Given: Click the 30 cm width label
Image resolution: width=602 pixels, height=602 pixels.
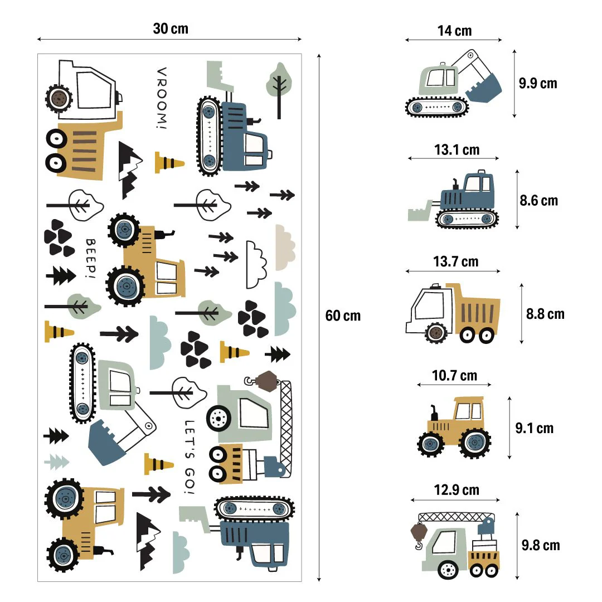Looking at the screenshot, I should (x=171, y=29).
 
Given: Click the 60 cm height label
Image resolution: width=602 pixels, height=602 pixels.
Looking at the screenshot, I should (x=343, y=315).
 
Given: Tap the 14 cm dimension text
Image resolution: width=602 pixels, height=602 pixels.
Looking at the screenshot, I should (x=454, y=31).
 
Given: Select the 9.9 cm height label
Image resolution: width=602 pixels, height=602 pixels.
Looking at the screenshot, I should (x=537, y=84).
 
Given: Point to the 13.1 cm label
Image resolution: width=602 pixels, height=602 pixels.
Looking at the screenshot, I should (x=457, y=149).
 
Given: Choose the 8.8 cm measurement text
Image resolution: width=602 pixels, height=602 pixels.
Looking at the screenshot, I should (x=545, y=314).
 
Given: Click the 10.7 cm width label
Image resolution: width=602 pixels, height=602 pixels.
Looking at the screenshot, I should (x=454, y=376).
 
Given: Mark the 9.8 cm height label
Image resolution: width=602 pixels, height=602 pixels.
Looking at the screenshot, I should (x=540, y=545).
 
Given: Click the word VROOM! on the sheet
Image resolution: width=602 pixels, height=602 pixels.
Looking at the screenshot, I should (x=161, y=99).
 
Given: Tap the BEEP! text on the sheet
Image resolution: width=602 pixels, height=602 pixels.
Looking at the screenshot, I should (x=90, y=258).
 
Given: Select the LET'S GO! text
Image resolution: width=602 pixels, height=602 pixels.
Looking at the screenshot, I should (x=190, y=457).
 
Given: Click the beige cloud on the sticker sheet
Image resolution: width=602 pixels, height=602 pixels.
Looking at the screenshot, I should (x=285, y=247).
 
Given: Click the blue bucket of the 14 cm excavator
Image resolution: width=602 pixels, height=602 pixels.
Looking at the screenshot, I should (x=485, y=89).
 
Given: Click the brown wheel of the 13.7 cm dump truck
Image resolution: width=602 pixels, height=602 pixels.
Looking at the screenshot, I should (x=436, y=333).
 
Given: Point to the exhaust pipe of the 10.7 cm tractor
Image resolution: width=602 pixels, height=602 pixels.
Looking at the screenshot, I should (x=433, y=413).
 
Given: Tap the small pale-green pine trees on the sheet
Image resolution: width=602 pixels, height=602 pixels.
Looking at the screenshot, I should (x=56, y=461).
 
